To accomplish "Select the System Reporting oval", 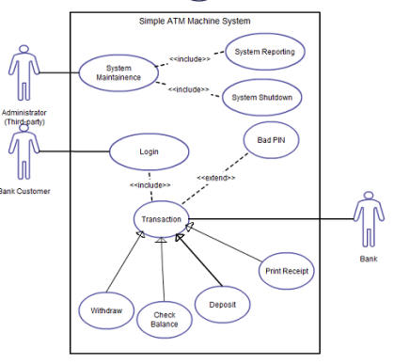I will click(264, 52).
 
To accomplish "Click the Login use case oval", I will click(149, 151).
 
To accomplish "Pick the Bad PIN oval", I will click(273, 140).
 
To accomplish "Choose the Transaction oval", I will click(161, 219).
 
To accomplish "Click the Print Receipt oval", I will click(285, 271).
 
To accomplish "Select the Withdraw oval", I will click(106, 309).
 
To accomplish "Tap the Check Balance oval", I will click(164, 319).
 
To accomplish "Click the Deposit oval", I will click(222, 304).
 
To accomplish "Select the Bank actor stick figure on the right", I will click(367, 219).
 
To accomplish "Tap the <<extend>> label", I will click(215, 178).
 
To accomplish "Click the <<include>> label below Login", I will click(150, 184).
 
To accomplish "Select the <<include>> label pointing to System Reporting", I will click(189, 58).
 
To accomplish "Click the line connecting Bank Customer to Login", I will click(75, 151).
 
